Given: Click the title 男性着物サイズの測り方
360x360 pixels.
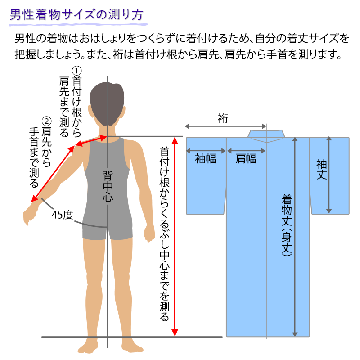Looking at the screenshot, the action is (76, 15).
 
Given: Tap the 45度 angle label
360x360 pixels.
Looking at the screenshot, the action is (62, 215).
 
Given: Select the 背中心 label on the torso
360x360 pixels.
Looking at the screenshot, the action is (108, 186).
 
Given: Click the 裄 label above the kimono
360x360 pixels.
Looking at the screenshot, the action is (223, 118).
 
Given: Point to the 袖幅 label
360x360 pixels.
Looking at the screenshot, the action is (206, 159).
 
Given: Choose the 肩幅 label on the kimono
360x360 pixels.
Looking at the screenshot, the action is (246, 159).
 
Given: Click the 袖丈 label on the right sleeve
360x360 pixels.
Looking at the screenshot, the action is (321, 169).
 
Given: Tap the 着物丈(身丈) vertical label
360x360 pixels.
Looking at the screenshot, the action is (287, 225).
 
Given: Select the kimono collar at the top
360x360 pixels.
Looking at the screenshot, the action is (266, 134).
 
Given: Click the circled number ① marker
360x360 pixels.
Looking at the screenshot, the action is (76, 71).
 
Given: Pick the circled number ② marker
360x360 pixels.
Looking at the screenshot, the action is (46, 121).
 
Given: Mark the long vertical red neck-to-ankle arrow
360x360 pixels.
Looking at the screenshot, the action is (175, 237).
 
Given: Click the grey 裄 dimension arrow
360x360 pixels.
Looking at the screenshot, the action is (225, 126).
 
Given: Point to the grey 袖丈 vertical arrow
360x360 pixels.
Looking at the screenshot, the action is (329, 175).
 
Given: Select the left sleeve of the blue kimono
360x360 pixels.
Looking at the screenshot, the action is (206, 176).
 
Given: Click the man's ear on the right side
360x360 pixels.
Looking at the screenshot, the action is (124, 112).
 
